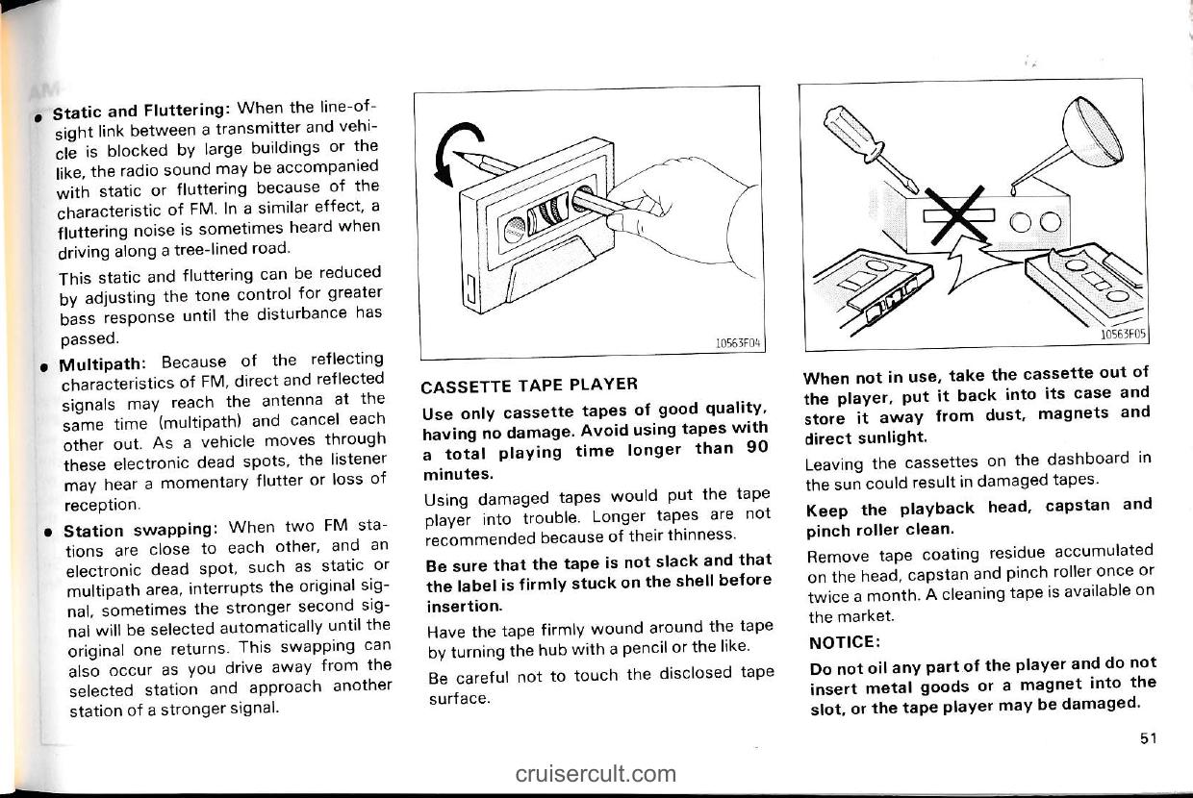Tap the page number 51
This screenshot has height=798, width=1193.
1146,737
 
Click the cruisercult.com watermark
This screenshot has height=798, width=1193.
595,772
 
